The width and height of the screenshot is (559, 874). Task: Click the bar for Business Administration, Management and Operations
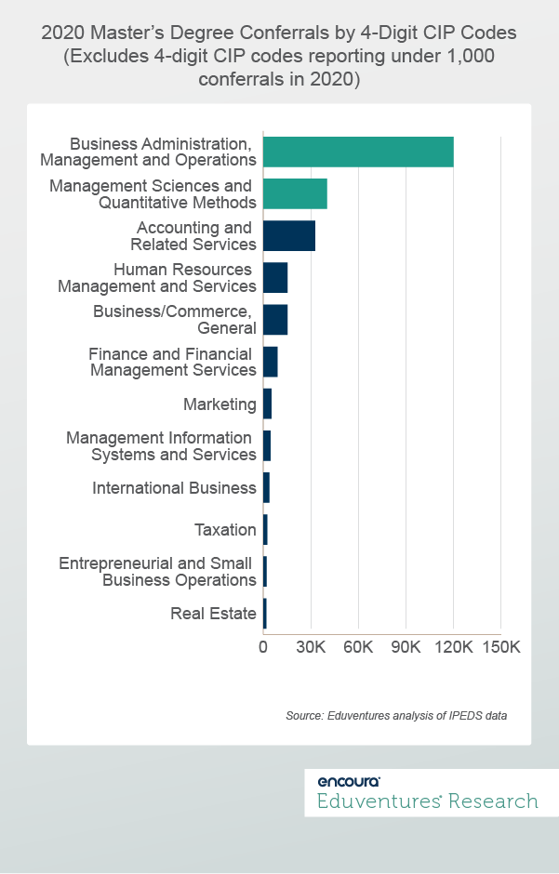(x=358, y=152)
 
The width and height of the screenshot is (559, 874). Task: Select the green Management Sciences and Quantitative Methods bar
(x=295, y=193)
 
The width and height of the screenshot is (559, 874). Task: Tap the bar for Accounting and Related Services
(x=289, y=236)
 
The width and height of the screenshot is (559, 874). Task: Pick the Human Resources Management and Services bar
(x=275, y=278)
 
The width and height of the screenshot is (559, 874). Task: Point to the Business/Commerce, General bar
(x=275, y=319)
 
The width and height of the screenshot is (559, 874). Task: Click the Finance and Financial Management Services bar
(x=271, y=362)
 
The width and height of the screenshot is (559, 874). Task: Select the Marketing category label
(x=220, y=404)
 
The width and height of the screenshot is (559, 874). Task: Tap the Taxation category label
(x=225, y=530)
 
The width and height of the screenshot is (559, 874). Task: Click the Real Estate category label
(x=213, y=614)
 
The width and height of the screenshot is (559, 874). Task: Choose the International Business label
(x=174, y=488)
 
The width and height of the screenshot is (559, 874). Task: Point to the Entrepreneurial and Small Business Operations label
(x=157, y=572)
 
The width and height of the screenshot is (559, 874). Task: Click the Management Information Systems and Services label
(x=161, y=446)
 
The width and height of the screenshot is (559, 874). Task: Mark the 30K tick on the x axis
(x=311, y=647)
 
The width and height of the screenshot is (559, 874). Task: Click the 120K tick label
(x=453, y=647)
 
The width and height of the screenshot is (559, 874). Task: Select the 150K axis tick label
(x=500, y=647)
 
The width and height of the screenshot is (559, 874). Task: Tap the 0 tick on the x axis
(x=263, y=647)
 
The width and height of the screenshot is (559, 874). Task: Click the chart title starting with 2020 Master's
(x=279, y=56)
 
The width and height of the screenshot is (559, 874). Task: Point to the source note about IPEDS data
(x=396, y=716)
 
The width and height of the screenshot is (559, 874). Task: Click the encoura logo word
(x=348, y=781)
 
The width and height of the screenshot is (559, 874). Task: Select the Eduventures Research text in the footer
(x=428, y=801)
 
